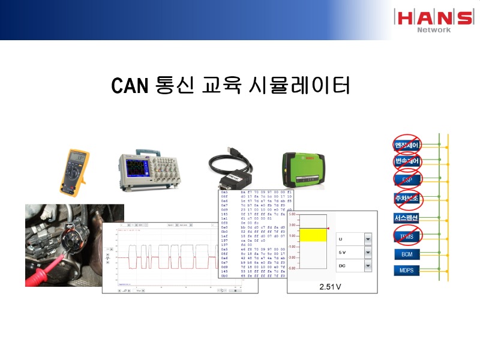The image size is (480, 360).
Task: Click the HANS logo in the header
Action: point(433,17)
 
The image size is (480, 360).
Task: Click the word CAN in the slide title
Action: point(129,86)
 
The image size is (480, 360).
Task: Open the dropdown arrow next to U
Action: point(367,238)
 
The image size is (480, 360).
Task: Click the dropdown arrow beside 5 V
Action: point(367,253)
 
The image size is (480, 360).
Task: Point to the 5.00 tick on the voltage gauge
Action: point(293,214)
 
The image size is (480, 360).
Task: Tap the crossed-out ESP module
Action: point(407,178)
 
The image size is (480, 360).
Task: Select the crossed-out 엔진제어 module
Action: point(407,145)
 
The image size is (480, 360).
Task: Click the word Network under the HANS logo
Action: point(434,29)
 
